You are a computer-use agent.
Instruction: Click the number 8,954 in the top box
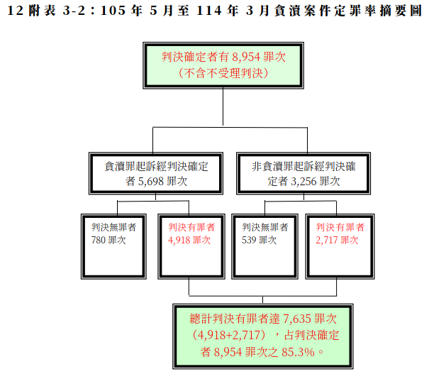[x=246, y=57]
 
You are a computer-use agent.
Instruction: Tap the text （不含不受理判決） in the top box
[x=223, y=73]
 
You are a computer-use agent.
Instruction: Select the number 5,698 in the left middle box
[x=151, y=182]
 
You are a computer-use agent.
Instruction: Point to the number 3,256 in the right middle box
[x=303, y=182]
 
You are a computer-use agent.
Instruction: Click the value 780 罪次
[x=108, y=240]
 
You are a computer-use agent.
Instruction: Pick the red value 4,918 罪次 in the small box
[x=189, y=240]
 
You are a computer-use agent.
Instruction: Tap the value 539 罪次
[x=259, y=240]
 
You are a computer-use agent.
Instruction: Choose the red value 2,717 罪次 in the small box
[x=337, y=240]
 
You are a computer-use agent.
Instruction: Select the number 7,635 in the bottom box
[x=297, y=319]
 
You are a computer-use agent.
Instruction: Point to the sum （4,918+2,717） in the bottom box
[x=229, y=336]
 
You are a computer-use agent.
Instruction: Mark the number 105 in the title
[x=113, y=11]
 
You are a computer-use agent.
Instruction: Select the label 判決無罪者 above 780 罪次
[x=114, y=227]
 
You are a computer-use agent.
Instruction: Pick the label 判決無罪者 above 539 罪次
[x=265, y=227]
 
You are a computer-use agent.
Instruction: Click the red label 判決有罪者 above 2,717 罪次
[x=340, y=227]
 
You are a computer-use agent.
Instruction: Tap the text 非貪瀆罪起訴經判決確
[x=303, y=167]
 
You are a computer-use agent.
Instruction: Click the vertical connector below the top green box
[x=223, y=106]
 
